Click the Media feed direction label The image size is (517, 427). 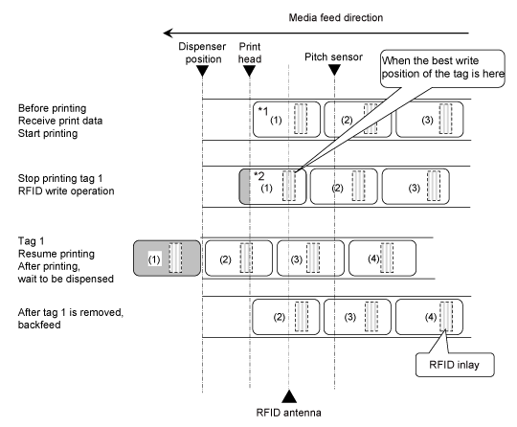[336, 17]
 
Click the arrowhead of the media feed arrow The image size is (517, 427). [169, 33]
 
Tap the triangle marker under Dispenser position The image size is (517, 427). [202, 71]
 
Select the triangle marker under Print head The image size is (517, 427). [249, 71]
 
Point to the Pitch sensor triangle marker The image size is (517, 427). [334, 70]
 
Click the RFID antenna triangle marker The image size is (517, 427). [289, 396]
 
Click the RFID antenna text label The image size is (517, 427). [288, 413]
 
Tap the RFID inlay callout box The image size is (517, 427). [455, 365]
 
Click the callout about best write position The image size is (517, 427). [442, 69]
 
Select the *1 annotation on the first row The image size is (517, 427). [263, 111]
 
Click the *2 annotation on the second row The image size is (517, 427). [259, 176]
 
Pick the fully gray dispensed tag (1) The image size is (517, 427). [167, 258]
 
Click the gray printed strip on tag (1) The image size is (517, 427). [245, 187]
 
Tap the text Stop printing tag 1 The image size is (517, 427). [60, 178]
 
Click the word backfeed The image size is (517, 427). [39, 325]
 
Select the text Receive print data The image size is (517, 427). [60, 121]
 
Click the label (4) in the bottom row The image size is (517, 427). [431, 317]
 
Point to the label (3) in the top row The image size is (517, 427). [427, 120]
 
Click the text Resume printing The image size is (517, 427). [56, 254]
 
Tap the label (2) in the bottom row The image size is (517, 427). [279, 317]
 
